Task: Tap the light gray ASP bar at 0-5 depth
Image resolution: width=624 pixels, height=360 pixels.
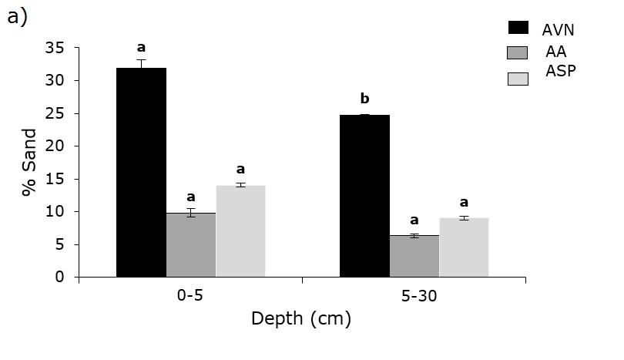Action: coord(240,230)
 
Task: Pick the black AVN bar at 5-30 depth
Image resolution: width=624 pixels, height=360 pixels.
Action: coord(364,196)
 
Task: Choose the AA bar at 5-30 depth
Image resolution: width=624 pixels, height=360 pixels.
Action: coord(414,256)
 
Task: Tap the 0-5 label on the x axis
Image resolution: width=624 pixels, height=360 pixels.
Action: coord(190,296)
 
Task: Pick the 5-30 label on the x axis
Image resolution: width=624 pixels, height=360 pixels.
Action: coord(414,296)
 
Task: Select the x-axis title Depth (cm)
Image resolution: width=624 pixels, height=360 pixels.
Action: coord(301,318)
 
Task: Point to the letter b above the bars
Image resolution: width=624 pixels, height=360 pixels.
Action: coord(364,99)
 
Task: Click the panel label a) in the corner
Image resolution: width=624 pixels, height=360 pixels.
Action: coord(17,17)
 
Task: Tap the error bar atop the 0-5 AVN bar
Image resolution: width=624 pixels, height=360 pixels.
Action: coord(141,63)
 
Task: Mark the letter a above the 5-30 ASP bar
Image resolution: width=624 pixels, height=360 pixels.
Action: coord(464,203)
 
